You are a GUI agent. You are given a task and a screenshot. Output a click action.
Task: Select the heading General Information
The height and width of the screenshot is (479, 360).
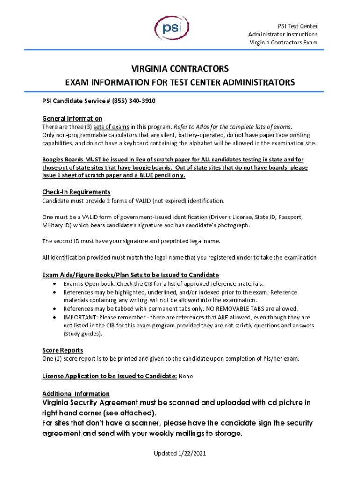click(72, 118)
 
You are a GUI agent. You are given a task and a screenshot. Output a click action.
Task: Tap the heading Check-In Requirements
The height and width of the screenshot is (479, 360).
click(76, 192)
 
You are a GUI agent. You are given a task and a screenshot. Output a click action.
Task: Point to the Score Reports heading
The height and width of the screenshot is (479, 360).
click(63, 350)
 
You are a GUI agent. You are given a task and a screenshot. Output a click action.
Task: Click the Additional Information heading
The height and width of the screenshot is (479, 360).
click(76, 394)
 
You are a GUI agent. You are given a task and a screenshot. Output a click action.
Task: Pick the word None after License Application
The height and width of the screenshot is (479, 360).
click(186, 376)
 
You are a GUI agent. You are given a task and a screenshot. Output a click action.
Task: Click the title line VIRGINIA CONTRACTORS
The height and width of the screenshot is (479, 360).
click(180, 69)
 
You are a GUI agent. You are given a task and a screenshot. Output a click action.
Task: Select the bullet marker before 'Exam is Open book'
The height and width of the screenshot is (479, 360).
click(56, 284)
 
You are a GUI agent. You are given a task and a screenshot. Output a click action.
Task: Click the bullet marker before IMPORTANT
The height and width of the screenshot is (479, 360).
click(56, 317)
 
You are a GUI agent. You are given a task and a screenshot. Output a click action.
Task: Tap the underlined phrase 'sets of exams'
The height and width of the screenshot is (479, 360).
click(111, 127)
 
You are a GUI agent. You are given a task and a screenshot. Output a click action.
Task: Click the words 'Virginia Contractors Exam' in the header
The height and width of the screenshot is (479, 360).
click(283, 43)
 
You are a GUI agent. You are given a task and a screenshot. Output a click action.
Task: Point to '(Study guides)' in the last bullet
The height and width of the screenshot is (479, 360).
click(82, 334)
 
